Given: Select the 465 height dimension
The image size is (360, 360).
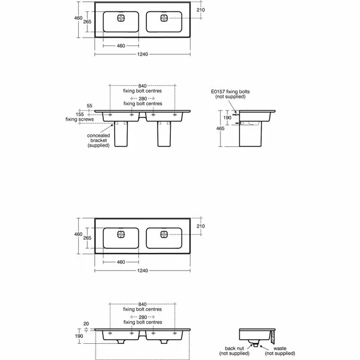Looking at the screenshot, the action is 220,128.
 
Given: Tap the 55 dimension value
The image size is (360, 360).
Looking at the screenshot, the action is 90,106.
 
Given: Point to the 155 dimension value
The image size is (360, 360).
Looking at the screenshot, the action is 80,115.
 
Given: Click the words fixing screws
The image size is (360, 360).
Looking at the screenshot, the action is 79,119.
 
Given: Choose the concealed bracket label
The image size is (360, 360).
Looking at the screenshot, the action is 99,140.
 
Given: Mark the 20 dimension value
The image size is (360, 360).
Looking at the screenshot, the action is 86,324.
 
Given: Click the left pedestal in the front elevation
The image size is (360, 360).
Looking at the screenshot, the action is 121,134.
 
